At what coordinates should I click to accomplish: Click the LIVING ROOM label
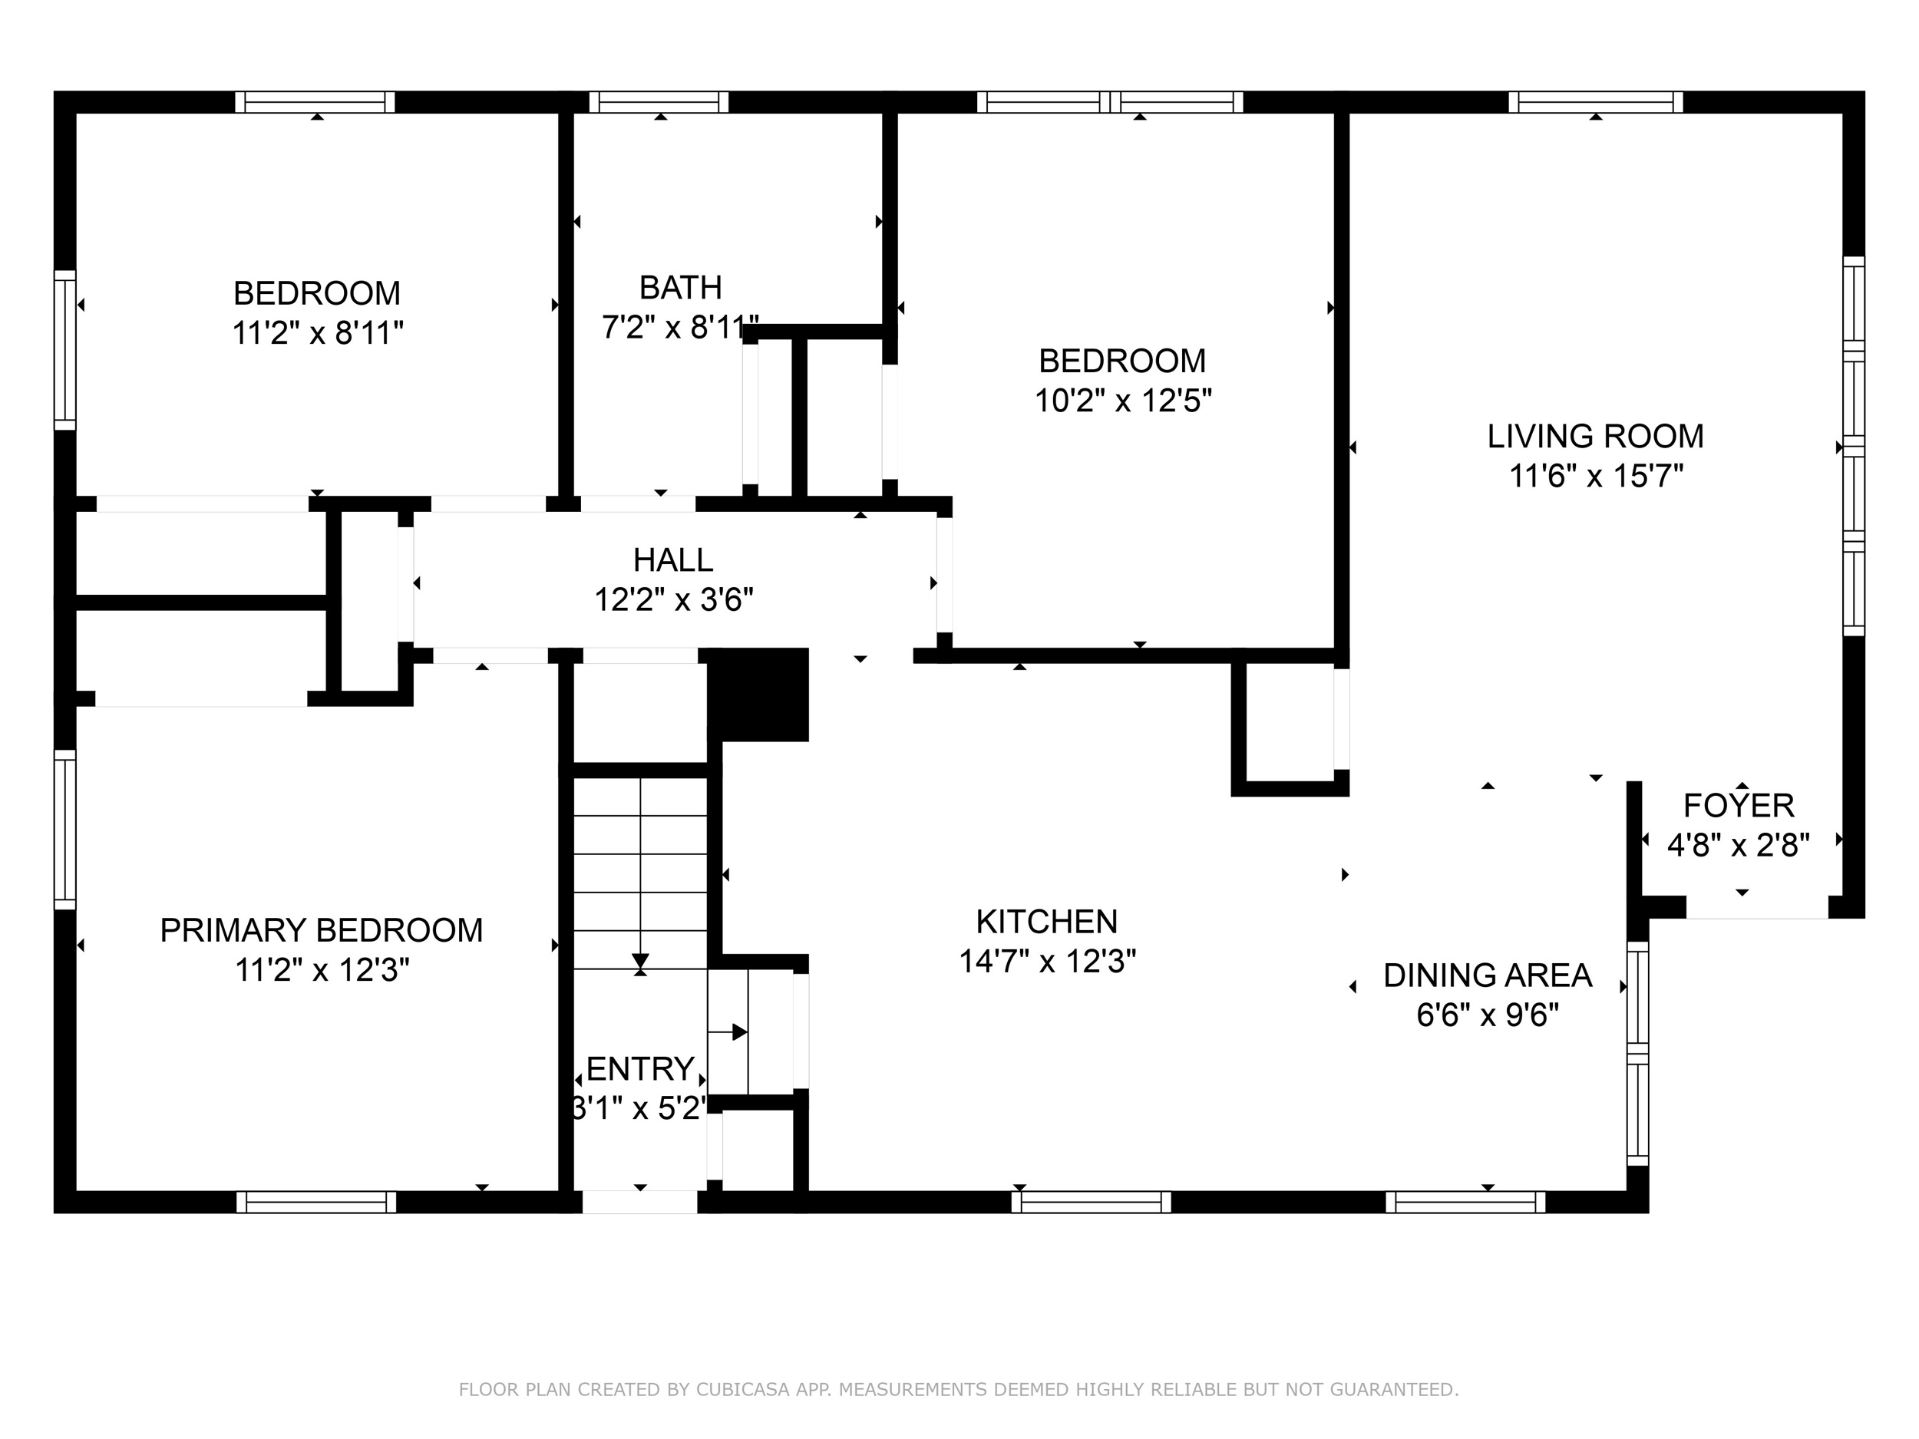click(x=1595, y=436)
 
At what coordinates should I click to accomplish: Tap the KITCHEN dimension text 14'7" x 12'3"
click(x=1047, y=961)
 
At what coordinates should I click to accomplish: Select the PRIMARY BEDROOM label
click(x=321, y=930)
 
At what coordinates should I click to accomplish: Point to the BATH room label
click(x=680, y=287)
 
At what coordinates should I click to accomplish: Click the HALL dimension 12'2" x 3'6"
click(x=673, y=599)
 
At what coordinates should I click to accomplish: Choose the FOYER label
click(x=1739, y=806)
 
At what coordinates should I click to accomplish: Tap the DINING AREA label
click(x=1487, y=975)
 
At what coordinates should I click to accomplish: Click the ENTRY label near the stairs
click(x=640, y=1068)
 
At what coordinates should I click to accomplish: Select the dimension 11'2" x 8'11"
click(x=318, y=333)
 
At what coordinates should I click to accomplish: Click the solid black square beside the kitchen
click(x=759, y=695)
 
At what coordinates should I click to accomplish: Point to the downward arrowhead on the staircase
click(x=640, y=962)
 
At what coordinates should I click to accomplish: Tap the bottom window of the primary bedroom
click(x=317, y=1201)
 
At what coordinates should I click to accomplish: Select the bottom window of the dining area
click(x=1465, y=1201)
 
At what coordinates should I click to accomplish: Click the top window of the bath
click(x=659, y=102)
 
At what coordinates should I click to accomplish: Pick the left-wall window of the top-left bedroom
click(x=65, y=349)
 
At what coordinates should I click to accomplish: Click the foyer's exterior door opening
click(x=1757, y=907)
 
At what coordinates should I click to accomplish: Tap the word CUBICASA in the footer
click(x=742, y=1390)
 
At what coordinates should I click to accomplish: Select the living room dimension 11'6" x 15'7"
click(x=1597, y=476)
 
